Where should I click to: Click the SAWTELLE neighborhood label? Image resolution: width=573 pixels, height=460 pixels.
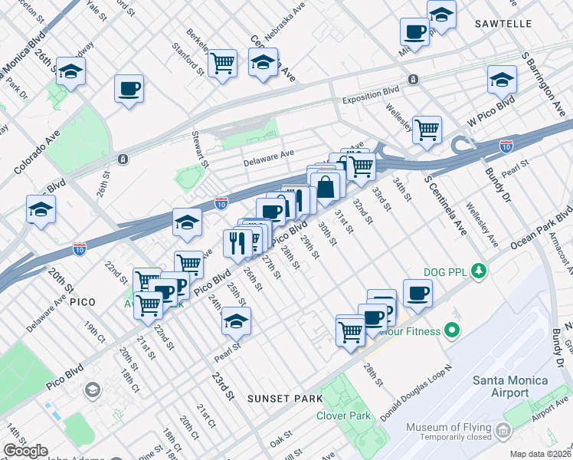point(503,24)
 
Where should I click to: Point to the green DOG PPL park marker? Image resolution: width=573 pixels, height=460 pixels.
point(479,271)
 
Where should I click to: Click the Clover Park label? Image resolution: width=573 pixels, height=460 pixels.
point(344,416)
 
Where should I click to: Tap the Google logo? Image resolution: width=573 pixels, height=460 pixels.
point(25,451)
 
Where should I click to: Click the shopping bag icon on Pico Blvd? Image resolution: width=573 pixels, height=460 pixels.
point(326,186)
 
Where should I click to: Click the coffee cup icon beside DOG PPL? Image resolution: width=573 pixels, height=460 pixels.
point(417,292)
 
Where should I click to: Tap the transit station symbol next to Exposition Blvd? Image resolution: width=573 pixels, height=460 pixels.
point(413,79)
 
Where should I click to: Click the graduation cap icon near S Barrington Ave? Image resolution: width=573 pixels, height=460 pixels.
point(502,78)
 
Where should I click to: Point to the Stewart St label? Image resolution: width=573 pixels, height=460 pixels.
point(200,149)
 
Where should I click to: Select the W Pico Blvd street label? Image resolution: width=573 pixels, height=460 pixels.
point(491,113)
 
